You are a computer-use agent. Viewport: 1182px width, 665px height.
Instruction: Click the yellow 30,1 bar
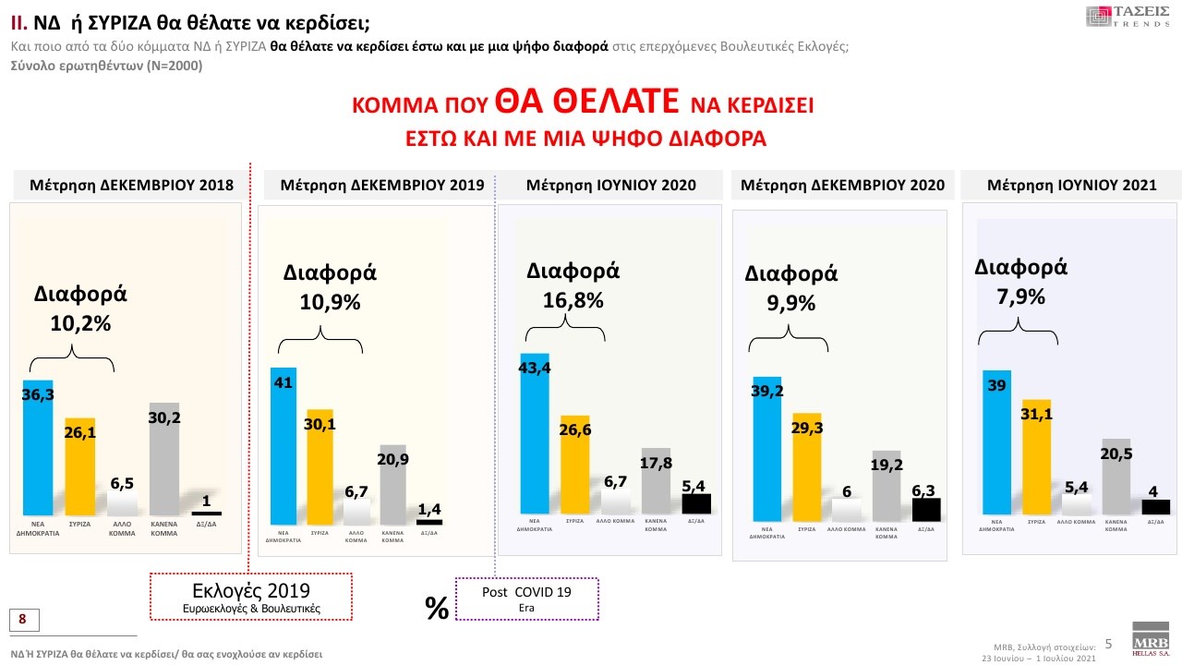tap(320, 466)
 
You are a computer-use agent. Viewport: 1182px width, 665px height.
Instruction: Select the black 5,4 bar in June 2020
tap(696, 503)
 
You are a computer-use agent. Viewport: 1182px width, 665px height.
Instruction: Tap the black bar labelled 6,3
tap(925, 510)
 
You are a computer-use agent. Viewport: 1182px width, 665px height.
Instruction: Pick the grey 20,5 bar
tap(1116, 476)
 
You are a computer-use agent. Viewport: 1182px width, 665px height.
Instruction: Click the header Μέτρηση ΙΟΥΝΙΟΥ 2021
tap(1071, 186)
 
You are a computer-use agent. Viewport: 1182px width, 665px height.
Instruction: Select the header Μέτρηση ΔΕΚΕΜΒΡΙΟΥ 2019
tap(374, 186)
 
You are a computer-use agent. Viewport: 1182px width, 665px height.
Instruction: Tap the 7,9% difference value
tap(1021, 296)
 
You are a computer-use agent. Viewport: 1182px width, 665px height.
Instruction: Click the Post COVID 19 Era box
tap(527, 598)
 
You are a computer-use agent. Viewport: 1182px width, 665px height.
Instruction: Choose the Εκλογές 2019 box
tap(251, 597)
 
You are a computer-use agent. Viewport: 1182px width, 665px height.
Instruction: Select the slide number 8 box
tap(22, 618)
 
